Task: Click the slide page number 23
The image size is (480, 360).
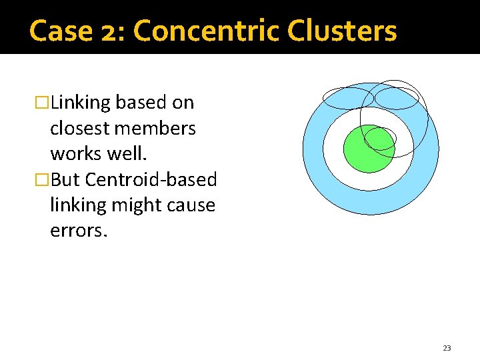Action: [447, 348]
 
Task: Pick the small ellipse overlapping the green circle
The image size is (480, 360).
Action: [381, 138]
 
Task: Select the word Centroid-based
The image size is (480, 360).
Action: [151, 179]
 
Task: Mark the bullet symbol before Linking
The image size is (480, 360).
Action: [43, 103]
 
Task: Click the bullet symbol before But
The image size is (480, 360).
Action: [43, 180]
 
